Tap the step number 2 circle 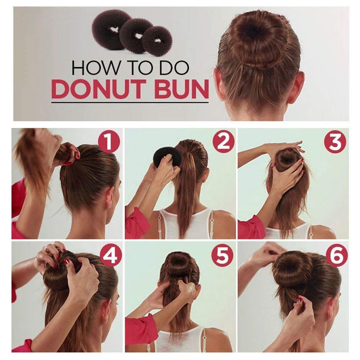223,142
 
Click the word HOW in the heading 90,68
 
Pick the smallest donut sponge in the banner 157,40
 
